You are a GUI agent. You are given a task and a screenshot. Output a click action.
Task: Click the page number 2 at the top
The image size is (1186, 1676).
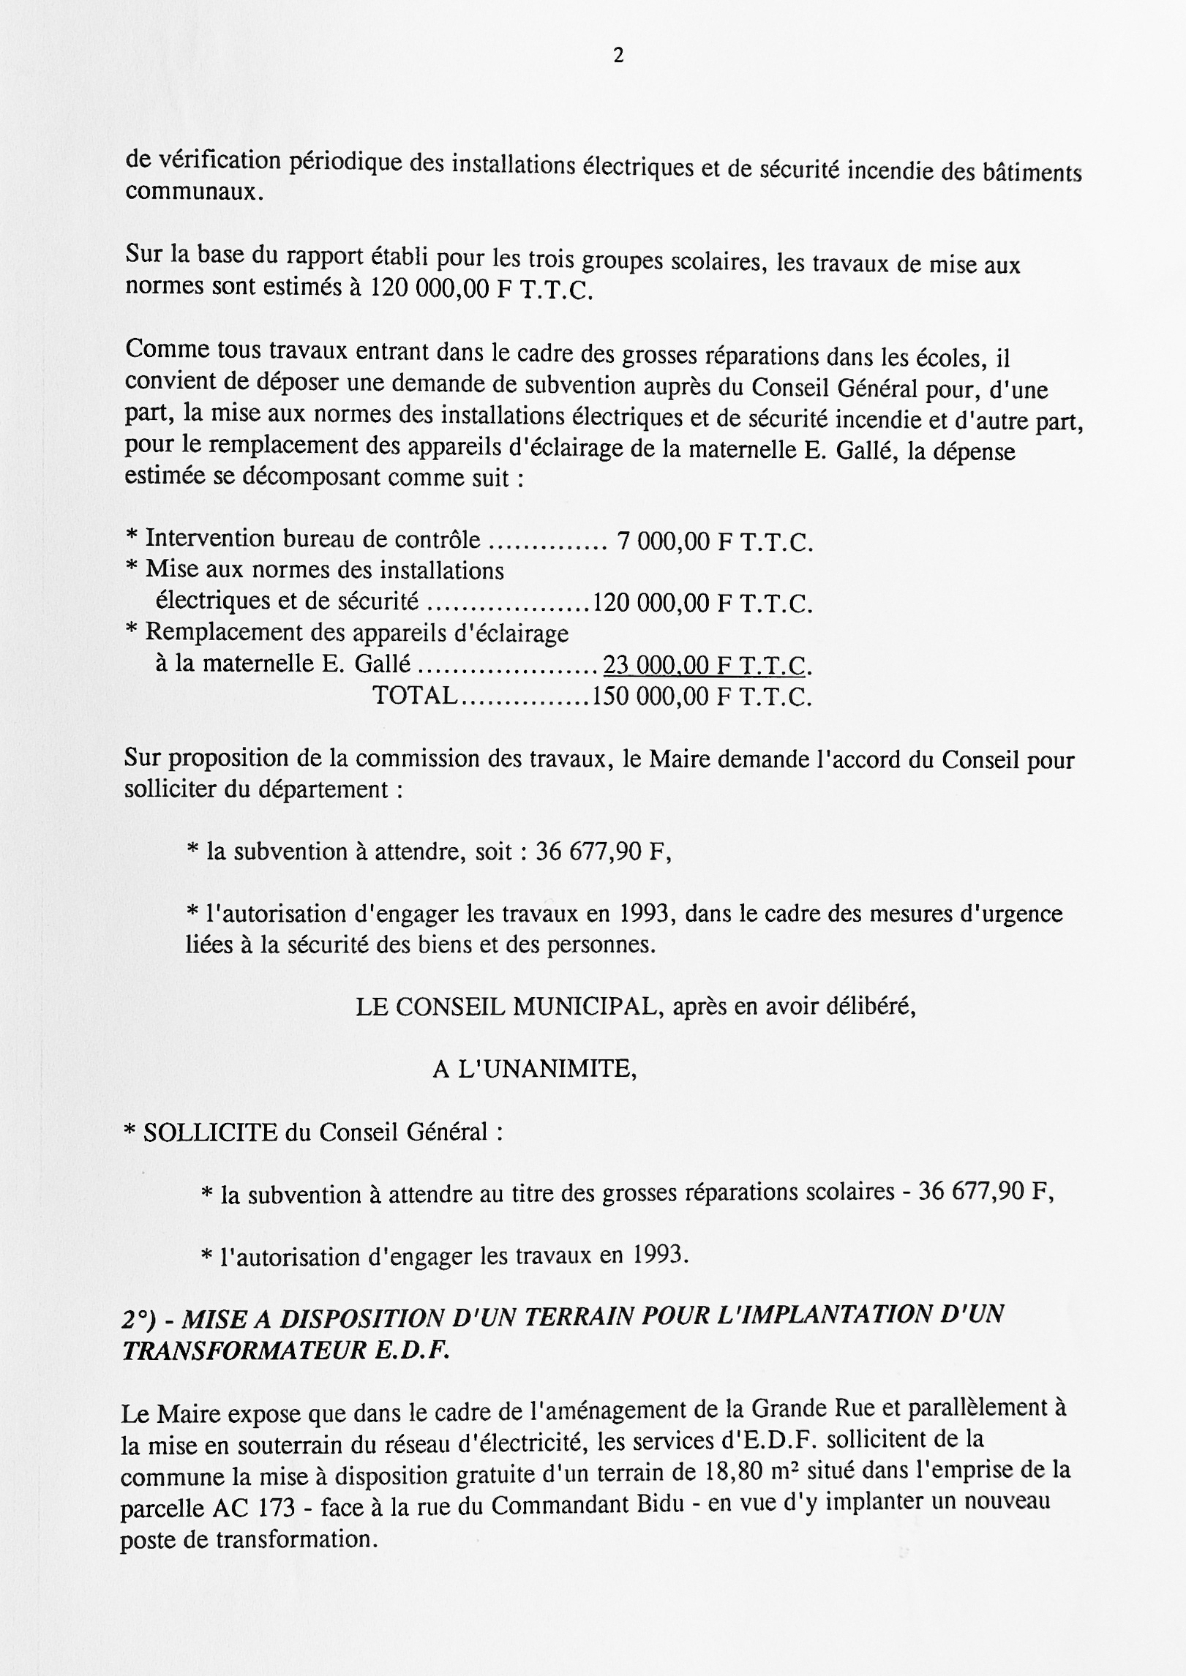[618, 56]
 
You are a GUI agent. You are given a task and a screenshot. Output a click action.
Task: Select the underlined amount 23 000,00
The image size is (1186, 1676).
[656, 665]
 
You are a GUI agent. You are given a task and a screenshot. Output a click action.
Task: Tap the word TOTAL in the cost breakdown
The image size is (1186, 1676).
[415, 695]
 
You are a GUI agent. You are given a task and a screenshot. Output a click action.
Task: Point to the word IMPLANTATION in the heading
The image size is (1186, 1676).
[824, 1316]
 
